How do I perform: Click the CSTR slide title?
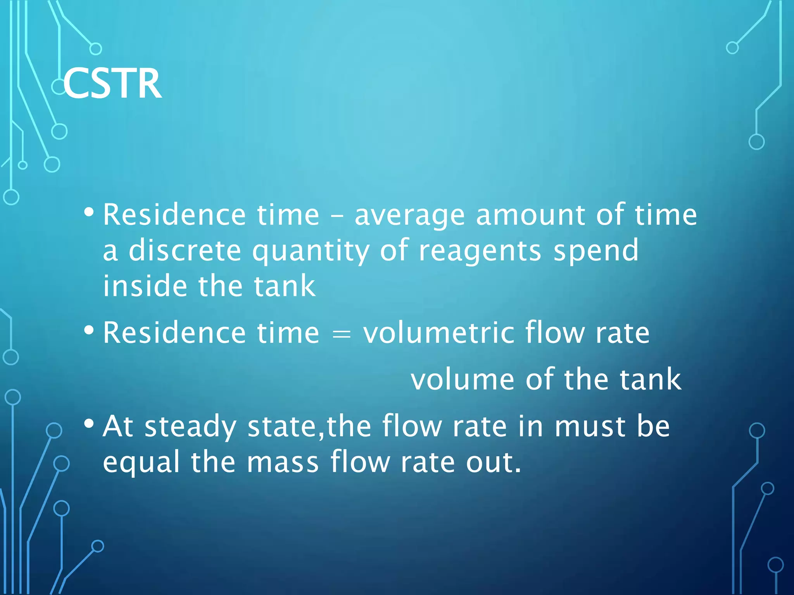click(x=112, y=84)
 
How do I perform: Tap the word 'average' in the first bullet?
click(x=409, y=215)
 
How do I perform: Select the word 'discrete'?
click(x=185, y=251)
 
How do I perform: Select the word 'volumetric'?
click(x=438, y=333)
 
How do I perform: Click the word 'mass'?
click(x=283, y=463)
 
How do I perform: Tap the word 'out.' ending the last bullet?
click(x=494, y=463)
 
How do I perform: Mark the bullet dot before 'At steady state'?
click(x=89, y=424)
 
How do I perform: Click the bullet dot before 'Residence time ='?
click(x=89, y=330)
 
